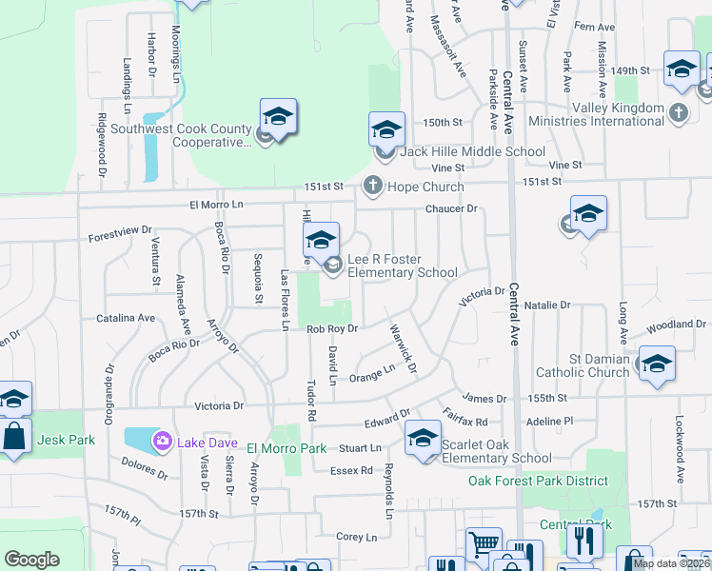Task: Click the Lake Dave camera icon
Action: coord(163,441)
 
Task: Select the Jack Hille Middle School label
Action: coord(472,151)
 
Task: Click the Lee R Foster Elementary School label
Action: coord(402,266)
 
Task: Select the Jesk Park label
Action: coord(62,441)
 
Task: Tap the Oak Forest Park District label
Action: coord(538,481)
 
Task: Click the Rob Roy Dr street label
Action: coord(331,329)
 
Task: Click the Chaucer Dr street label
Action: coord(450,208)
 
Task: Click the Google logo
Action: coord(31,560)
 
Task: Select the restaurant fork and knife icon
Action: coord(584,541)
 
